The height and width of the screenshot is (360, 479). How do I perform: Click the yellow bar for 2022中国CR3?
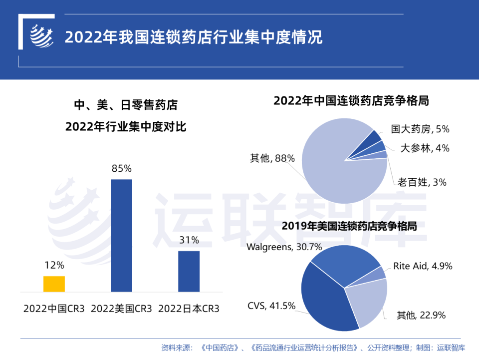[x=54, y=284]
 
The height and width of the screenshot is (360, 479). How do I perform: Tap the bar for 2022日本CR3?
[x=189, y=271]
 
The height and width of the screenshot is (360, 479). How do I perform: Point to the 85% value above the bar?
[x=121, y=168]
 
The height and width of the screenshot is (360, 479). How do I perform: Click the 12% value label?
[x=54, y=265]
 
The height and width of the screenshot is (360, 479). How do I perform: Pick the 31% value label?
[x=189, y=240]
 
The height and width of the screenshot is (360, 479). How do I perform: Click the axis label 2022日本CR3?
[x=189, y=308]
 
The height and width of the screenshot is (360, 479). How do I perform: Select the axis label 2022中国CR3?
[x=54, y=308]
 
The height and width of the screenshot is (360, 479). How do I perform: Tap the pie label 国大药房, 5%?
[x=420, y=129]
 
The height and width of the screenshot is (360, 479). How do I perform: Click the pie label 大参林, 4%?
[x=425, y=148]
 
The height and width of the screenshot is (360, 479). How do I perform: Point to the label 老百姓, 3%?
[x=422, y=182]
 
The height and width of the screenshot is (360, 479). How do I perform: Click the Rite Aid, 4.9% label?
[x=422, y=266]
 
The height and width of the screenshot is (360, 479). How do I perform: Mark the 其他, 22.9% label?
[x=421, y=315]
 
